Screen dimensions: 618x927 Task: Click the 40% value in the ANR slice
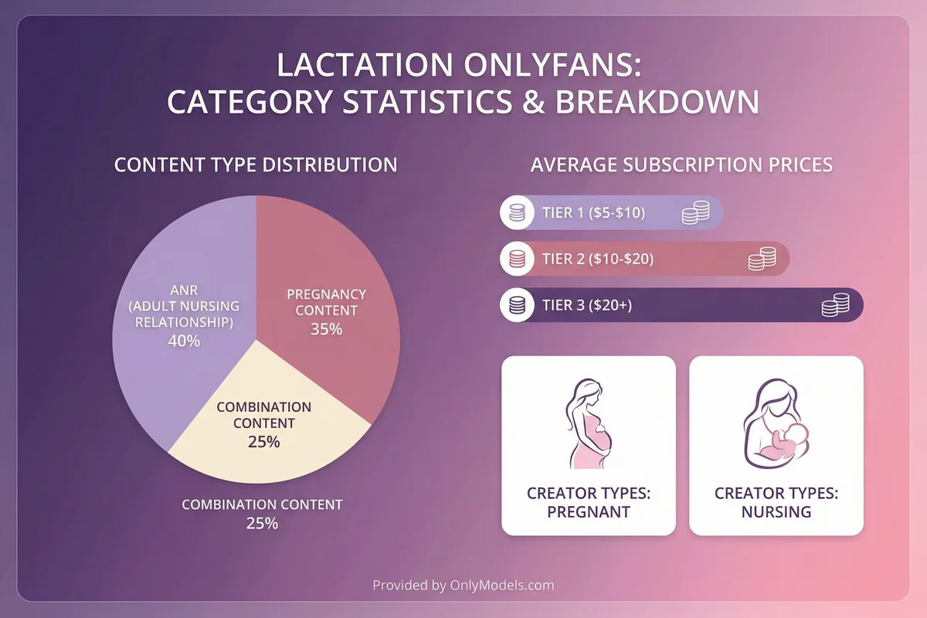click(x=184, y=340)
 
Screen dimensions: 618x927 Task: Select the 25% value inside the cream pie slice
click(x=263, y=442)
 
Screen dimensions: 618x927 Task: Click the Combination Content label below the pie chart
click(x=262, y=504)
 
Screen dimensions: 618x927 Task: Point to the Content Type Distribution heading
click(x=256, y=165)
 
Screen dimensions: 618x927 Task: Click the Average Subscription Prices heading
click(x=681, y=165)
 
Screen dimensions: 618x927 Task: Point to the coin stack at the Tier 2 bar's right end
click(x=761, y=259)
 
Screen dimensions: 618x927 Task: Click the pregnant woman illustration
click(x=589, y=421)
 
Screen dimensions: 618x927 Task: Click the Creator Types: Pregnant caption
click(x=589, y=502)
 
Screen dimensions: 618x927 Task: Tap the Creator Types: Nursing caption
click(x=776, y=502)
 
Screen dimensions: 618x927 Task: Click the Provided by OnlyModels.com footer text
click(x=463, y=585)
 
